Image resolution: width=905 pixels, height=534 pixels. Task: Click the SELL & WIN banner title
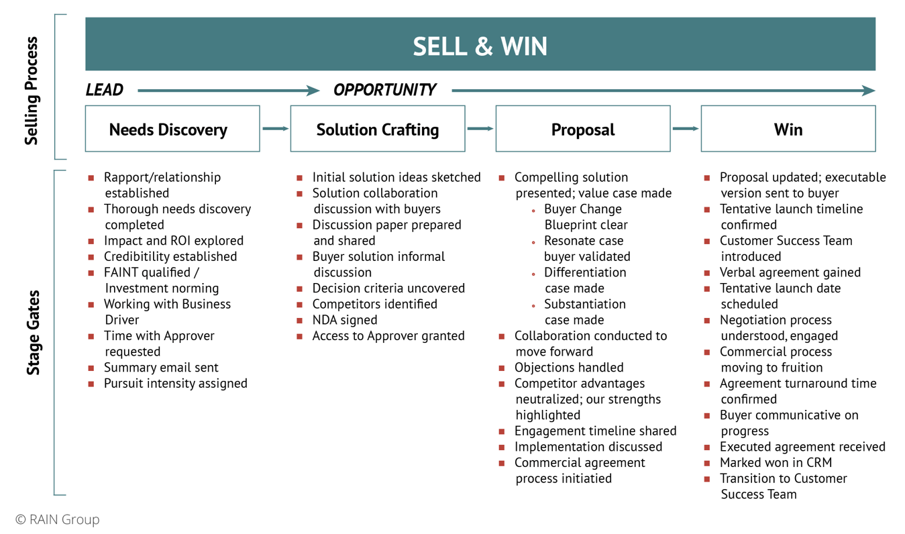(x=480, y=46)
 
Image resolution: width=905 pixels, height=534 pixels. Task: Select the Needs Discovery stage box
(x=172, y=129)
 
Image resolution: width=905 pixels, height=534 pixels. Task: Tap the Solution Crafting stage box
(x=377, y=129)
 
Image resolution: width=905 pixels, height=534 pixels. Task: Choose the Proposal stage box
(x=582, y=129)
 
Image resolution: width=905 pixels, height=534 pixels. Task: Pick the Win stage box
(x=788, y=129)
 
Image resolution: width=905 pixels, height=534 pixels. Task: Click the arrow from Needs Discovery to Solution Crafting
(x=275, y=128)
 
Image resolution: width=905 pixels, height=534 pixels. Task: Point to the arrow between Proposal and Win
(x=685, y=128)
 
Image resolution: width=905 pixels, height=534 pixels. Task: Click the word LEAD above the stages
(x=105, y=90)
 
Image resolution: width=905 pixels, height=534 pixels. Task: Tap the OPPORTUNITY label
(x=384, y=90)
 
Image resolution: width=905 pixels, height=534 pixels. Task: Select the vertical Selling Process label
(x=32, y=90)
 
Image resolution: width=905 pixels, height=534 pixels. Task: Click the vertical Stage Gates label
(x=34, y=332)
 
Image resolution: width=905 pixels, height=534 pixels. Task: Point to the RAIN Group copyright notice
(x=58, y=519)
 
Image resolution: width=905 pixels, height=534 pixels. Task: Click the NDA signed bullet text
(x=344, y=320)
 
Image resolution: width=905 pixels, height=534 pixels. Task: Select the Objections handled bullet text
(x=569, y=368)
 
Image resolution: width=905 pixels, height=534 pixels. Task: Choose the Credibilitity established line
(x=170, y=256)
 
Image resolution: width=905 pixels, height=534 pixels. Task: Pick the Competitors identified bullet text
(x=374, y=304)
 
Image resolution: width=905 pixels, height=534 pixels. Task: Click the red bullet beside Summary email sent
(x=91, y=368)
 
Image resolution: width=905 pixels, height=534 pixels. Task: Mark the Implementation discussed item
(x=588, y=447)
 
